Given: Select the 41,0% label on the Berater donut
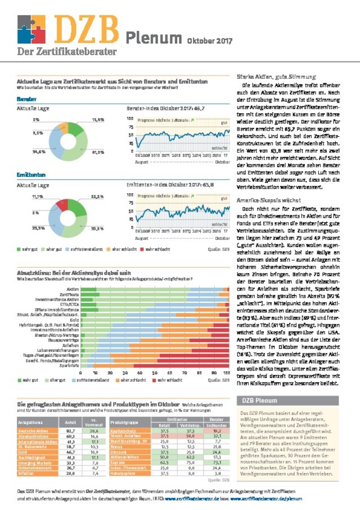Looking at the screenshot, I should coord(98,152).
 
